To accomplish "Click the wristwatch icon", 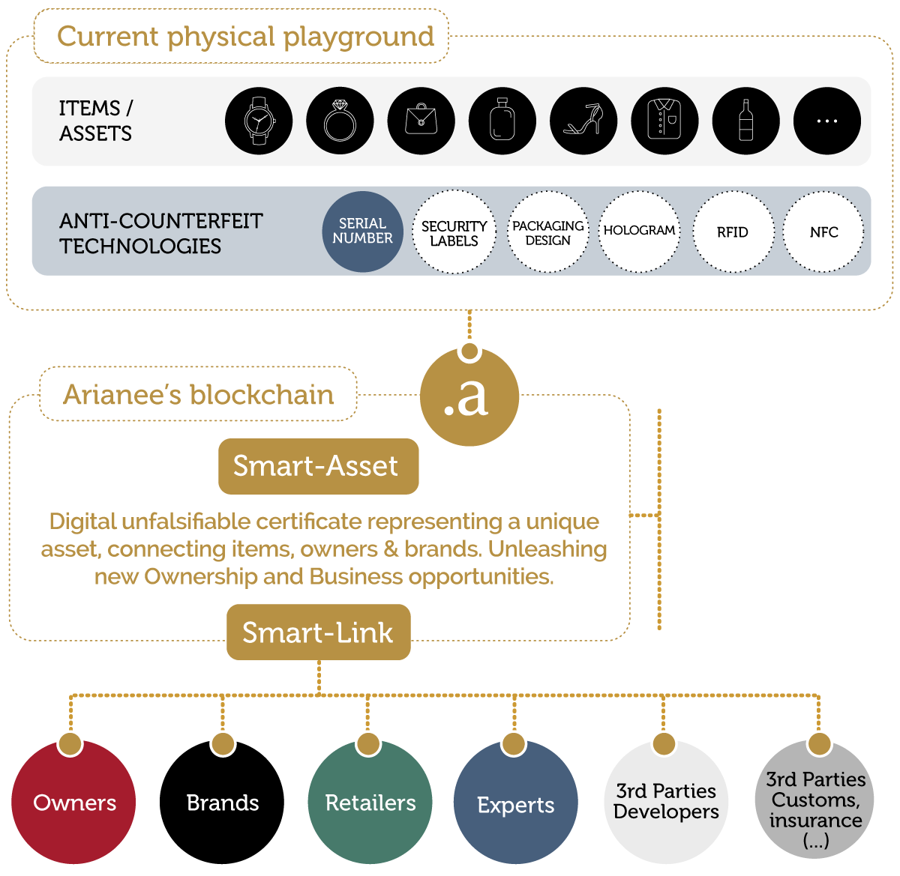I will click(x=259, y=121).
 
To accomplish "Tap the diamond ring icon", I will click(x=340, y=121).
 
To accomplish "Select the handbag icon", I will click(x=421, y=121).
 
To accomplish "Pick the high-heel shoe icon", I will click(x=583, y=121).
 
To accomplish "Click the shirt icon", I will click(x=664, y=121).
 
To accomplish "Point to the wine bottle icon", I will click(x=745, y=121).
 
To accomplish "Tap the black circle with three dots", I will click(x=826, y=121).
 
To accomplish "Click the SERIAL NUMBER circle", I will click(x=362, y=232).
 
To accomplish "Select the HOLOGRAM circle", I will click(x=640, y=232).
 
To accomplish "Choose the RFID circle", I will click(x=732, y=232).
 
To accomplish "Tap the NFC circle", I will click(x=823, y=232).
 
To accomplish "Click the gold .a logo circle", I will click(x=469, y=396).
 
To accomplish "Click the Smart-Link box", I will click(x=318, y=632).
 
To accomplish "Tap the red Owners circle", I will click(x=74, y=802).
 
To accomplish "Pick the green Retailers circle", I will click(x=370, y=802).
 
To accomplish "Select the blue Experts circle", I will click(x=516, y=803).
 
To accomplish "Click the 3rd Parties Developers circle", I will click(x=666, y=801).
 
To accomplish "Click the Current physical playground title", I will click(x=245, y=36).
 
